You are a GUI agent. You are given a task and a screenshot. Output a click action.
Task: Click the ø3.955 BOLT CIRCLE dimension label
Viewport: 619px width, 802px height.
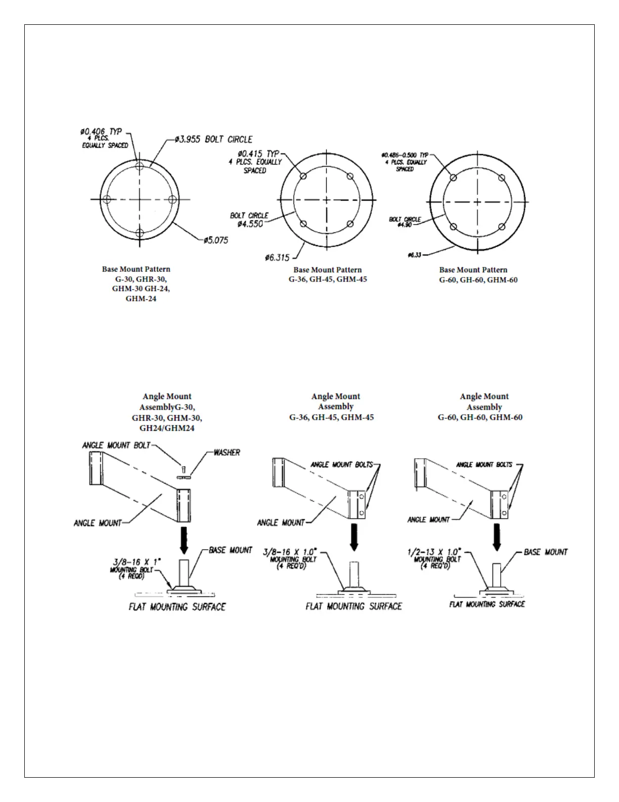[213, 139]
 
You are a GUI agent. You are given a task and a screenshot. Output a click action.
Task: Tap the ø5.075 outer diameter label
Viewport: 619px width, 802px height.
[216, 240]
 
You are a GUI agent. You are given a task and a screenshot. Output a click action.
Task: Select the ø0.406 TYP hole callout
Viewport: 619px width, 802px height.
[101, 132]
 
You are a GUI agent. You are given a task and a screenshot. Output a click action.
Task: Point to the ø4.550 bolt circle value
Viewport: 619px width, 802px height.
[250, 224]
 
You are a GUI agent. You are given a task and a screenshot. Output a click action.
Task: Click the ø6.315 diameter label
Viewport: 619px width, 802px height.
[277, 258]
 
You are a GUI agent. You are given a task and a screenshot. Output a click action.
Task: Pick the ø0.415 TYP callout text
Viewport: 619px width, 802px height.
[259, 153]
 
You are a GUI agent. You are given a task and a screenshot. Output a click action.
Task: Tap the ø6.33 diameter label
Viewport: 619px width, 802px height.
[414, 255]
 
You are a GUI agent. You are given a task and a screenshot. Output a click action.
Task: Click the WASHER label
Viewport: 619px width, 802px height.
[227, 452]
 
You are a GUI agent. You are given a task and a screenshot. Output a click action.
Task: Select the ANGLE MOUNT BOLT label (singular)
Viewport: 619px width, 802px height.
[116, 445]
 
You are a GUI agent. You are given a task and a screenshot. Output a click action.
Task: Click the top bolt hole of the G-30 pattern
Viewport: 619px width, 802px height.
[140, 165]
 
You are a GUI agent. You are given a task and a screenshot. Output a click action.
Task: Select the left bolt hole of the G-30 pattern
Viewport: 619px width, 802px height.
[107, 199]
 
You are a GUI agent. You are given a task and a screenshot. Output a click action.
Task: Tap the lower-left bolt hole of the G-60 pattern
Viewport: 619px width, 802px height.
[454, 226]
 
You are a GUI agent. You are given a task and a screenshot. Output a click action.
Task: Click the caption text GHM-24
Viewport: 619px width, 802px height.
[141, 299]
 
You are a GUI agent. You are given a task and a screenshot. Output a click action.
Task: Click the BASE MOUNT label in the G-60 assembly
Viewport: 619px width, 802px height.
[546, 552]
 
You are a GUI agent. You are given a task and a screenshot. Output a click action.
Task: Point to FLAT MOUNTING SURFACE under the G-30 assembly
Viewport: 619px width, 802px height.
[177, 607]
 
